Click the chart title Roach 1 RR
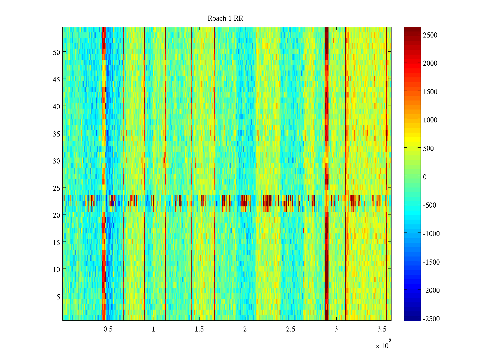coord(225,19)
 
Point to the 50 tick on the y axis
coord(56,52)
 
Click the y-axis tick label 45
coord(56,79)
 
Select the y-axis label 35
coord(56,134)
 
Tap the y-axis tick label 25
coord(56,188)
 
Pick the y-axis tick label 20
coord(56,215)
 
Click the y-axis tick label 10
coord(56,269)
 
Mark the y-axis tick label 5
coord(58,297)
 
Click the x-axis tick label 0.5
coord(108,329)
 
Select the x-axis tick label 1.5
coord(199,329)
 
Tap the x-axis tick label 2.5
coord(290,329)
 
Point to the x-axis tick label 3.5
coord(382,329)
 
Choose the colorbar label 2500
coord(430,35)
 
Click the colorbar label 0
coord(425,177)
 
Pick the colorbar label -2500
coord(431,319)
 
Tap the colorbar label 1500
coord(430,92)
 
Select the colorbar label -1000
coord(431,234)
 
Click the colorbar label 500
coord(428,148)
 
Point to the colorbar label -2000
coord(431,290)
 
